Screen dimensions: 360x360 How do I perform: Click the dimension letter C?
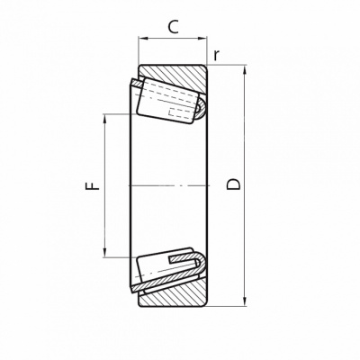(173, 27)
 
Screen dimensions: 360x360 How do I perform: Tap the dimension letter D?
(233, 184)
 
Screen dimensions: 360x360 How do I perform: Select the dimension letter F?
(93, 185)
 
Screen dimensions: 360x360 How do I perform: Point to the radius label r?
(217, 55)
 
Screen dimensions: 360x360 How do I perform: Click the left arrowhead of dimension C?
(142, 38)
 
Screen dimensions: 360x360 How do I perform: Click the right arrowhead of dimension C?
(202, 38)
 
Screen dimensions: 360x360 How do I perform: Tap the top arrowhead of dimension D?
(245, 69)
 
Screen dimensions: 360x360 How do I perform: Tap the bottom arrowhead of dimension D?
(245, 301)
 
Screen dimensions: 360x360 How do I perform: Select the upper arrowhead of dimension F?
(104, 119)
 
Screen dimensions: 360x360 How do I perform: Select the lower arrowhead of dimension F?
(104, 253)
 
